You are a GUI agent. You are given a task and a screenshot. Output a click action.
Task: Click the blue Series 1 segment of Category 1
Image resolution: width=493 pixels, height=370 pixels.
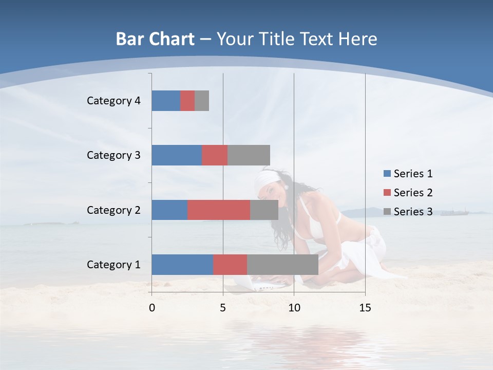[x=182, y=265]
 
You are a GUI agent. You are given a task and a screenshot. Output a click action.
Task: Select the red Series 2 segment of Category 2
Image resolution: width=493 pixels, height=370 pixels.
[x=219, y=210]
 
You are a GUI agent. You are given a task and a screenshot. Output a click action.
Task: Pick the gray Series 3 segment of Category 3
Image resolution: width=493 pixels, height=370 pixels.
[x=249, y=155]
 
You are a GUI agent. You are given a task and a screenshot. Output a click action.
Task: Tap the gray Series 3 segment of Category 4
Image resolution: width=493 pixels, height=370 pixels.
[x=202, y=101]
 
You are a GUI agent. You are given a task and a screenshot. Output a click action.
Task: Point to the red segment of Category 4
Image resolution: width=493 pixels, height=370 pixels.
[x=187, y=101]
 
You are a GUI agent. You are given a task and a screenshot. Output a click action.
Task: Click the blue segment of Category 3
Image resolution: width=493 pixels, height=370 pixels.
[x=177, y=155]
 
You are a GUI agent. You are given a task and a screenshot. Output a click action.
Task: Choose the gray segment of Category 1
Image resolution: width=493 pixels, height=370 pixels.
[x=282, y=265]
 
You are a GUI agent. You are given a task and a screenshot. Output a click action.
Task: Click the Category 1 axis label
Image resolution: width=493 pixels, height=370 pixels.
[x=113, y=265]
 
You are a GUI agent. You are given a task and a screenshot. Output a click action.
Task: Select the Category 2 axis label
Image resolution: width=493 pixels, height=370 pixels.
[x=113, y=210]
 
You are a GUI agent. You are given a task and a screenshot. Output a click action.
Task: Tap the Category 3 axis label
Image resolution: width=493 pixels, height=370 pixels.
[x=113, y=155]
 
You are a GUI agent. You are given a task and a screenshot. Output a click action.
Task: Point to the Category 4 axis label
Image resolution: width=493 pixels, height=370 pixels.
[x=113, y=101]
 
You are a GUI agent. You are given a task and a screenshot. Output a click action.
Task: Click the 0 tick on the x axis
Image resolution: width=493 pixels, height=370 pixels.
[x=152, y=308]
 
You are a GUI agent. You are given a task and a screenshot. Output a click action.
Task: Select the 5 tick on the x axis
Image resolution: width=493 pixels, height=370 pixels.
[x=223, y=308]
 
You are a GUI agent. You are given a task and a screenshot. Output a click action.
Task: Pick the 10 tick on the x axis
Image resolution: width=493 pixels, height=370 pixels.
[x=294, y=308]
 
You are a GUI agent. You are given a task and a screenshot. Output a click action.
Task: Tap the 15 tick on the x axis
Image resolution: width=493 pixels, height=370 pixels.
[x=365, y=308]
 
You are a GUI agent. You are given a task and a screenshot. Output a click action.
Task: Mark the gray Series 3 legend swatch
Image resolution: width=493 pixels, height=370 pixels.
[x=387, y=212]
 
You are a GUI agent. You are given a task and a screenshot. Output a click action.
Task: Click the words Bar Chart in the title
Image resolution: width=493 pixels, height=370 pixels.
[x=155, y=39]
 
